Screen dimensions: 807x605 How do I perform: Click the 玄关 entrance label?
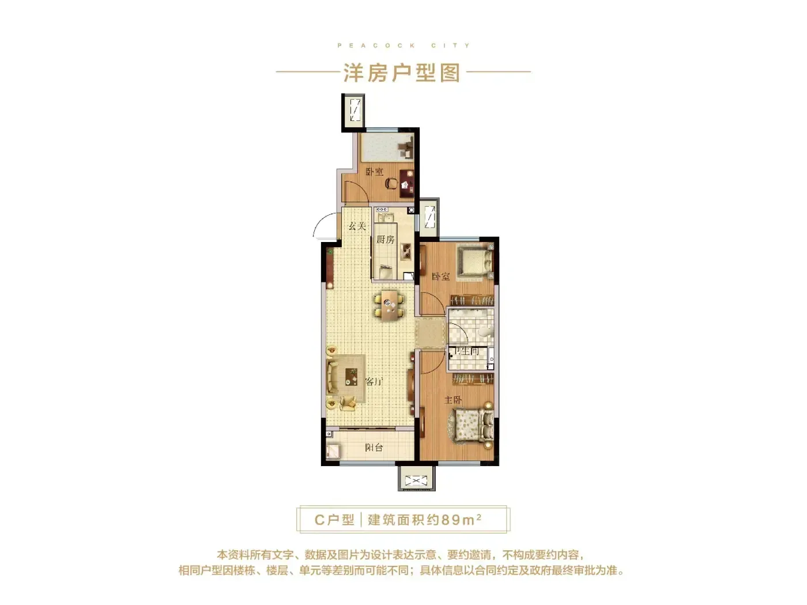coord(357,226)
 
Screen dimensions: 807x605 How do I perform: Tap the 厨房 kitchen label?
coord(385,240)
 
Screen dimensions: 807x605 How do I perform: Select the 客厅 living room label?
coord(374,381)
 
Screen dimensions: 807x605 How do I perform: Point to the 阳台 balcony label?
coord(374,448)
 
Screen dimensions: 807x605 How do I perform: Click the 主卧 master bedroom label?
coord(452,400)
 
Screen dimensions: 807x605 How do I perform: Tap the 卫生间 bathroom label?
coord(466,351)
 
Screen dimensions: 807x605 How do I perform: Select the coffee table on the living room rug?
coord(352,377)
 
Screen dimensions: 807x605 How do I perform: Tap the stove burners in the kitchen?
coord(406,252)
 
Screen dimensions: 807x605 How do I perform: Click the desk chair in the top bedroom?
coord(391,183)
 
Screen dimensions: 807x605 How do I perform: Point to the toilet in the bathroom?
coord(485,332)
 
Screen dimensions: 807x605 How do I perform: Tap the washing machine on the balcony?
coord(333,452)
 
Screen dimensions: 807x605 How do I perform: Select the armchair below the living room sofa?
coord(348,403)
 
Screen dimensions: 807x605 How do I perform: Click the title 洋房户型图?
coord(402,73)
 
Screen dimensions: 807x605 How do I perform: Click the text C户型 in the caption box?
coord(334,520)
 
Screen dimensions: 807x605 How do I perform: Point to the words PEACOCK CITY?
coord(403,46)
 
